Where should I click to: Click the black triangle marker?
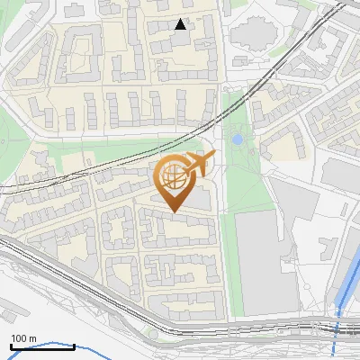[181, 24]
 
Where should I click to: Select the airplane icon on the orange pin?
[200, 165]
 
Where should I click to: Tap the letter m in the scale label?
[32, 338]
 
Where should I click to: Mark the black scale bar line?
[23, 346]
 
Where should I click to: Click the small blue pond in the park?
[237, 140]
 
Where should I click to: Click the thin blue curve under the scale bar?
[54, 345]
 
